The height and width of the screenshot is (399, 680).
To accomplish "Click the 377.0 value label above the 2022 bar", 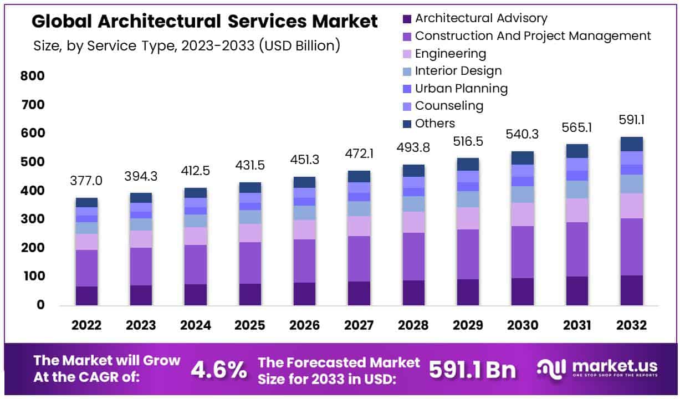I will coord(86,181).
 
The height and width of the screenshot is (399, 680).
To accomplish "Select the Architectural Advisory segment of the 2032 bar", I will coord(631,290).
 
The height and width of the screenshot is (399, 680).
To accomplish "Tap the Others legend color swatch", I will coord(407,124).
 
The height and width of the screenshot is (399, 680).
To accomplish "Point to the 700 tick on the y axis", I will coord(32,105).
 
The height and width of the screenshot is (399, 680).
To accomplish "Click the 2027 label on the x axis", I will coord(359,325).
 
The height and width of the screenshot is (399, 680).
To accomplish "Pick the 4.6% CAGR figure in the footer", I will coord(218,370).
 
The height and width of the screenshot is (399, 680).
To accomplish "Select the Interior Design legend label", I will coord(458,71).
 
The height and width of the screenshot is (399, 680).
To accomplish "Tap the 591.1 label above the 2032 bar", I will coord(631,120).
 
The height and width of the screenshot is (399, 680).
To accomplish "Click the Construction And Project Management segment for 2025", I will coord(250,263).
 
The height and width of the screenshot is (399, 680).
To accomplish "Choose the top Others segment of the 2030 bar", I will coord(522,158).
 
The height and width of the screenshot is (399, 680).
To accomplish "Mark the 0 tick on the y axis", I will coord(39,305).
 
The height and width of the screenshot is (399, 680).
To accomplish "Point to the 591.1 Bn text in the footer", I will coord(472,370).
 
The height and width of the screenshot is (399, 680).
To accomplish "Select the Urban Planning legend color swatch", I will coord(407,89).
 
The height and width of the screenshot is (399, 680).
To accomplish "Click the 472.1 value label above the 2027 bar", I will coord(359,154).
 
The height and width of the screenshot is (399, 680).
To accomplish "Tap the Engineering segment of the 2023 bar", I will coord(141,239).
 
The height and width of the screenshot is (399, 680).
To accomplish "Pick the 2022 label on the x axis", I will coord(86,325).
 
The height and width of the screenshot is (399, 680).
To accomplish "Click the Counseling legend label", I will coord(449,106).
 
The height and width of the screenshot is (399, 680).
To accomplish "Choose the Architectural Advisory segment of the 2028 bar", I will coord(413,293).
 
